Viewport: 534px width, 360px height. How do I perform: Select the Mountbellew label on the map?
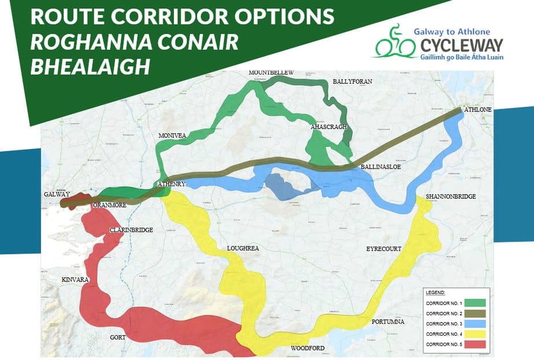coord(271,72)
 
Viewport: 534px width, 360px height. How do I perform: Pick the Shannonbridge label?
coord(451,196)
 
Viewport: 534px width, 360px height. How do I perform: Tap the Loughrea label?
coord(242,248)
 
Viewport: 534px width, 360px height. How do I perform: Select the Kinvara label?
coord(75,280)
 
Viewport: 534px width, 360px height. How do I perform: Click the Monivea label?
coord(172,135)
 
